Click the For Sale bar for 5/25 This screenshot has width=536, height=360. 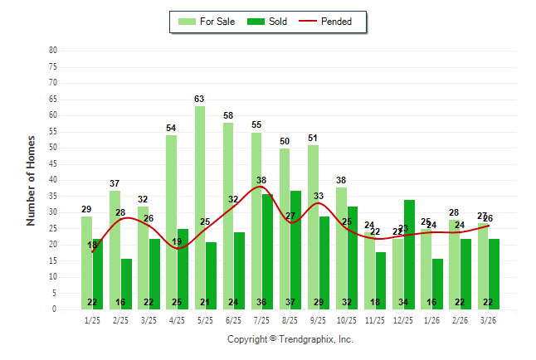click(x=200, y=207)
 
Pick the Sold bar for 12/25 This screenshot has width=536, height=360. click(x=409, y=254)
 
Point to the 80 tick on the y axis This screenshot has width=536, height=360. click(x=53, y=51)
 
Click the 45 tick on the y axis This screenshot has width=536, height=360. click(x=53, y=163)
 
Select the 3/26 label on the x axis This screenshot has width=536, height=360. click(x=489, y=319)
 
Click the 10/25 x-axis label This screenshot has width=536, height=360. click(x=347, y=319)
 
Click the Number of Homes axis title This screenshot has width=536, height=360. click(x=32, y=180)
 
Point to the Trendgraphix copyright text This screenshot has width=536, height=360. click(x=290, y=339)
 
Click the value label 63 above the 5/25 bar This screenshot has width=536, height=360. click(x=199, y=99)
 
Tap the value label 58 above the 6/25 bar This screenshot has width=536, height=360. click(x=228, y=115)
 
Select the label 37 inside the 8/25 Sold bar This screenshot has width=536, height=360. click(x=296, y=302)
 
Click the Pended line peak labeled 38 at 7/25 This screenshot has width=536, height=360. click(x=261, y=180)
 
